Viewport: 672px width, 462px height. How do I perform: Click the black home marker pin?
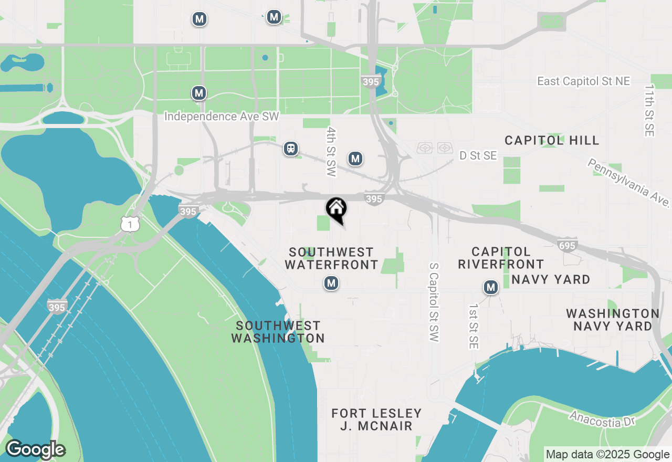tap(336, 209)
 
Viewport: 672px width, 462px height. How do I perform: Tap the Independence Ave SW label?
tap(222, 116)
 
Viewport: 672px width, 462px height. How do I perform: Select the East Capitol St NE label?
tap(583, 81)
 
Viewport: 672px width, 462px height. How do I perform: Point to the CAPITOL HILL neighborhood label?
tap(552, 140)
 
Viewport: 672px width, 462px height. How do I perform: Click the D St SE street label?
tap(478, 155)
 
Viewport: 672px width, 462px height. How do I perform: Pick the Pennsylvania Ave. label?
tap(628, 183)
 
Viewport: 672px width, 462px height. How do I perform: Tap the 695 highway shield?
tap(568, 246)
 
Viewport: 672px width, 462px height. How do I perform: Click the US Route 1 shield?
tap(130, 225)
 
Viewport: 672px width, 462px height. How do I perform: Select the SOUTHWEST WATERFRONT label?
tap(331, 258)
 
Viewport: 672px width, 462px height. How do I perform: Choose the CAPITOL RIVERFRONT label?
tap(501, 258)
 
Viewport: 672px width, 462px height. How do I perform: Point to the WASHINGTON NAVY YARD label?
tap(612, 320)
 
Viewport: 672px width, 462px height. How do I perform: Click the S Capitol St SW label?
tap(434, 302)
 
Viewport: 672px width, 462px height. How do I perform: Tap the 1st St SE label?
tap(474, 326)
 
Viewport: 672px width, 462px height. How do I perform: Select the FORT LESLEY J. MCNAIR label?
tap(376, 419)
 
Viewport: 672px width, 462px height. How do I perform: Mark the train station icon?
tap(291, 149)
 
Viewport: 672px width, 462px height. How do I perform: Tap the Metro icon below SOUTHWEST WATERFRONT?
tap(331, 283)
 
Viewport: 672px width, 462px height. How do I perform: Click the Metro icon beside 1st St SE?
tap(491, 287)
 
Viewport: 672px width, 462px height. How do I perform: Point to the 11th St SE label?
tap(650, 111)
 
